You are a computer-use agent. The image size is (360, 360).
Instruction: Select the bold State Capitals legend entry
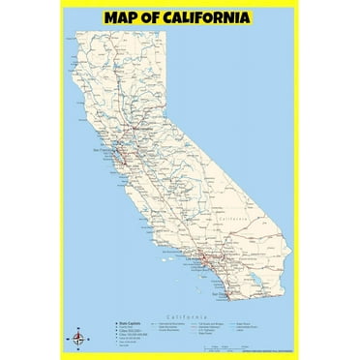[x=130, y=324]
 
